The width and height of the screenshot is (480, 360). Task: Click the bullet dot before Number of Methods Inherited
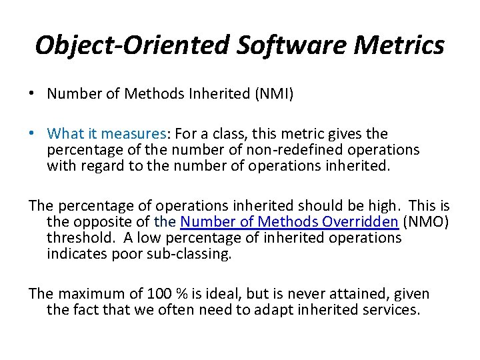click(x=32, y=94)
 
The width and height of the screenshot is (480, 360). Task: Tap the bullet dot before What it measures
click(x=32, y=134)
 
